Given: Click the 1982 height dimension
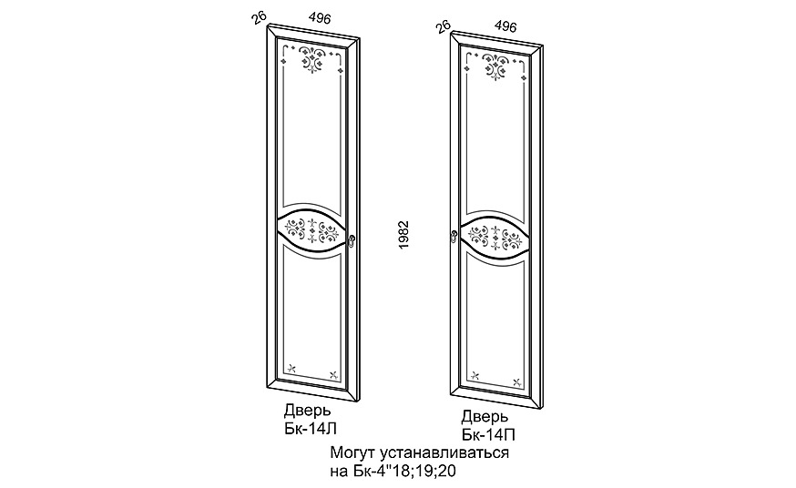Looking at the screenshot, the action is pos(403,234).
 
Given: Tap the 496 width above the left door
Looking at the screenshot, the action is pos(320,18).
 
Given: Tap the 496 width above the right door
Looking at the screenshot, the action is pos(505,25).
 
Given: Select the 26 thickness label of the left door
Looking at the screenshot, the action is pos(259,18).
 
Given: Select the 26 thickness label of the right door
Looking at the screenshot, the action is pos(443,26).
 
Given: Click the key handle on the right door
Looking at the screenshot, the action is pos(454,237).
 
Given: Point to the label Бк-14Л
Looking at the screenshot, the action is pos(311,429).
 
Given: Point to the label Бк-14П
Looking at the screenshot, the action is pos(489,435).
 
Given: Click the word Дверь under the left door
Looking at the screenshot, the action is pos(307,411).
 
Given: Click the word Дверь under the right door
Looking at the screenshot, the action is pos(485,418).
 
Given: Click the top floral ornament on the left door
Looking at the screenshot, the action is pos(311,58).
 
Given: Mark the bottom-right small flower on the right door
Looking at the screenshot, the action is pos(516,382).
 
